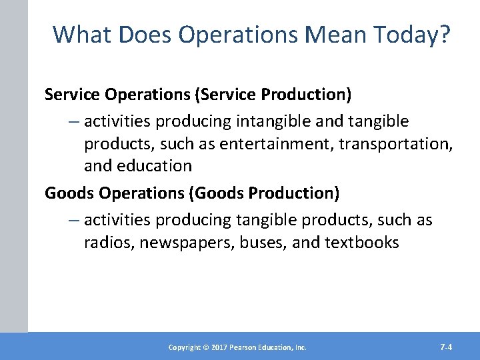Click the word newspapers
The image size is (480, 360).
pyautogui.click(x=180, y=242)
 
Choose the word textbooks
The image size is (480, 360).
pyautogui.click(x=361, y=242)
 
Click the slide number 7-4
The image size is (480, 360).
pyautogui.click(x=446, y=347)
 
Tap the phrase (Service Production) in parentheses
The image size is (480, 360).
pyautogui.click(x=273, y=95)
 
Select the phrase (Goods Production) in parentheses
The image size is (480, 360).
pyautogui.click(x=265, y=193)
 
